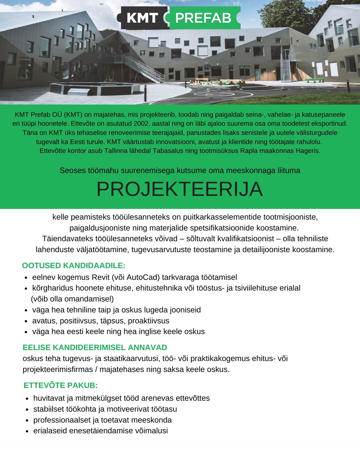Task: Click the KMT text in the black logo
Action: click(x=142, y=18)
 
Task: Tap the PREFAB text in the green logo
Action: click(x=203, y=18)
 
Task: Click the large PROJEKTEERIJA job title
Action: click(x=180, y=189)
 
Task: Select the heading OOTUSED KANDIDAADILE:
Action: click(x=74, y=266)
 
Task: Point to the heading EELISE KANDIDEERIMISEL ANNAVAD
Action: click(x=95, y=347)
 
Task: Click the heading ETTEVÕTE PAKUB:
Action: click(x=60, y=385)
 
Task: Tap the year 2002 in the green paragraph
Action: click(x=141, y=123)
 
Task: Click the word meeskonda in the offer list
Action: click(x=151, y=420)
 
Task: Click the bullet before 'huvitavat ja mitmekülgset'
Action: click(x=27, y=399)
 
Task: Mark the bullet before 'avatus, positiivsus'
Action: click(x=26, y=322)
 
